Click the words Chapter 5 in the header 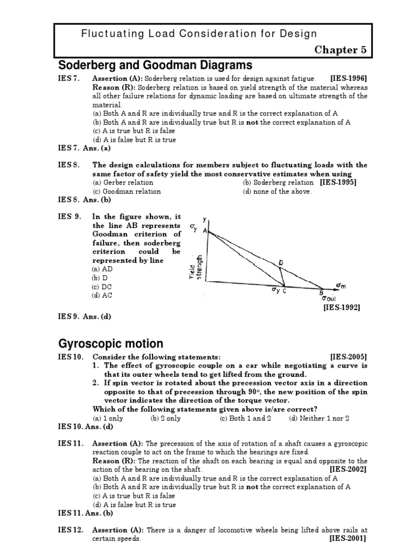click(341, 50)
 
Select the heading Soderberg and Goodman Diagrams click(155, 66)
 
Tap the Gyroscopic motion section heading click(110, 344)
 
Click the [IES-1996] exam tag click(349, 79)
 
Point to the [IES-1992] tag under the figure click(342, 307)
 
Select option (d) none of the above click(277, 191)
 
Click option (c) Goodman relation click(127, 191)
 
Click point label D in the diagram click(281, 263)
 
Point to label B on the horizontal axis click(321, 292)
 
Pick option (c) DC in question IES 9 click(102, 286)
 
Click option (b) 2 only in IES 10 click(166, 418)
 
